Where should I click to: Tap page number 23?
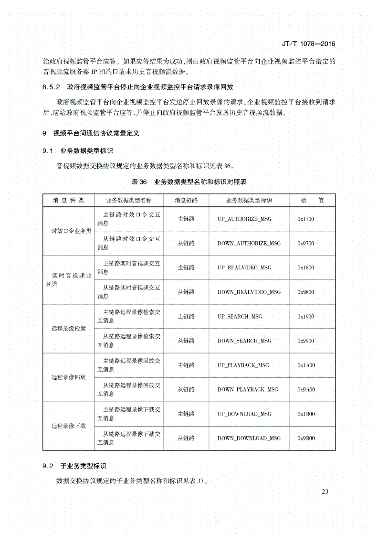[x=326, y=492]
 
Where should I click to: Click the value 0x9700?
[x=306, y=243]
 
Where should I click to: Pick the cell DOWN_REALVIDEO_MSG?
[x=249, y=292]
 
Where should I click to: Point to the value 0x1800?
[x=306, y=267]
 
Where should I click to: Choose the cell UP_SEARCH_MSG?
[x=240, y=316]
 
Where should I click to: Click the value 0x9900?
[x=306, y=341]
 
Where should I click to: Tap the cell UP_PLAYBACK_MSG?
[x=243, y=365]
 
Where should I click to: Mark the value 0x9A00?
[x=306, y=390]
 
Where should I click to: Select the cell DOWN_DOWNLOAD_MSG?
[x=249, y=438]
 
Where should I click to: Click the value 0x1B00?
[x=306, y=414]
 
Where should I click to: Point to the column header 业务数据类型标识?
[x=249, y=200]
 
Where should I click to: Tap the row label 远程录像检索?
[x=69, y=329]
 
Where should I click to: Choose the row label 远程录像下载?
[x=69, y=426]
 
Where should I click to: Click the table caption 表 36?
[x=139, y=182]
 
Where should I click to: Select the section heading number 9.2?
[x=47, y=465]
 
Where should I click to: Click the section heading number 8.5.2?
[x=50, y=87]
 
